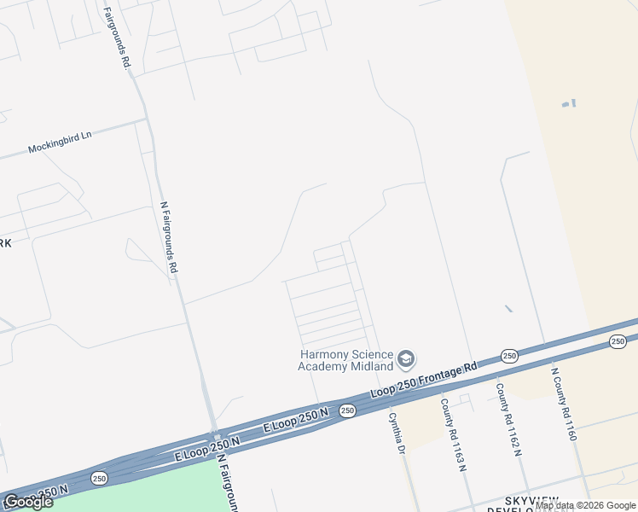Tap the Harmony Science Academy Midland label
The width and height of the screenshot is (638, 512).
[345, 360]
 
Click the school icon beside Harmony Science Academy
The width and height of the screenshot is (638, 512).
[406, 358]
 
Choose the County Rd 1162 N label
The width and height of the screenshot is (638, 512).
[507, 417]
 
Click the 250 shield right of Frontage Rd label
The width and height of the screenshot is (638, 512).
[509, 356]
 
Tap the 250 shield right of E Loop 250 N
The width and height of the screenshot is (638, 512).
[347, 410]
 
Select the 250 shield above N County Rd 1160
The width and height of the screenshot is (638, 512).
[618, 341]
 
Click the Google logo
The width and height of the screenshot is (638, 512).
[28, 501]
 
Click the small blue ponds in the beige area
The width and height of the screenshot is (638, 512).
[568, 103]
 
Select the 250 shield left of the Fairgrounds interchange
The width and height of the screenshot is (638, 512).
[99, 478]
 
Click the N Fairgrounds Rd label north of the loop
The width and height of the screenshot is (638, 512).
[170, 236]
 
